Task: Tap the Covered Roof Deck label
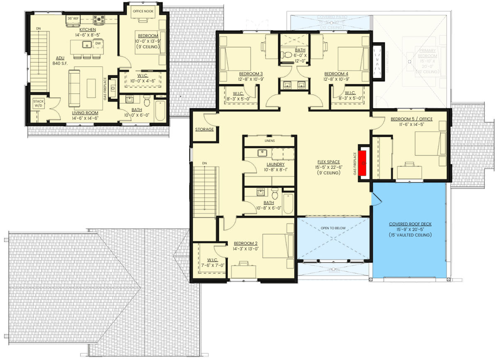(x=410, y=224)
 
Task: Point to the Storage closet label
(x=205, y=129)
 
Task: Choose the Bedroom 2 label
(x=246, y=243)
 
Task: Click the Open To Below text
(x=333, y=228)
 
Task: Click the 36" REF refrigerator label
(x=73, y=19)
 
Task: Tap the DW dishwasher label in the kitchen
(x=98, y=43)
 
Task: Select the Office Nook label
(x=143, y=11)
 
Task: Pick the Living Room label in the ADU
(x=85, y=112)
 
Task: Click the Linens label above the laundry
(x=269, y=141)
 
